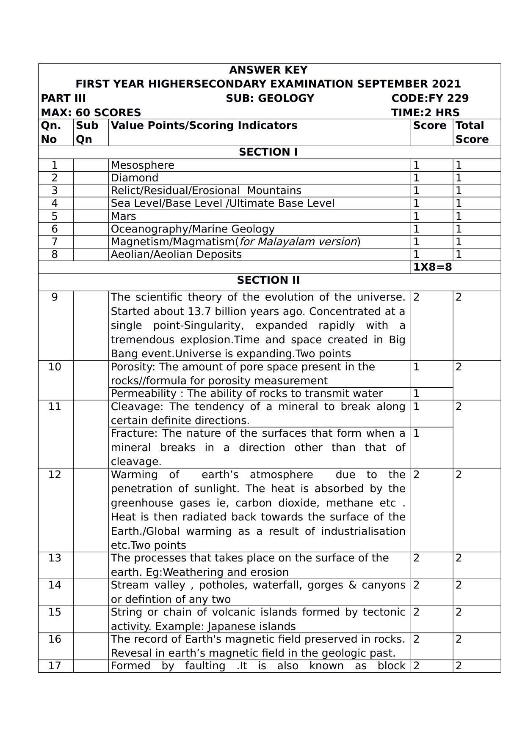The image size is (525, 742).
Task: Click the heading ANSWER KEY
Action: coord(268,70)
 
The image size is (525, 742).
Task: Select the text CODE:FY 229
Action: coord(430,99)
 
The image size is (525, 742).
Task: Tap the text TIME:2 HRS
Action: coord(425,113)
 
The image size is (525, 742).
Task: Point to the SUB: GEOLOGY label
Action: coord(270,99)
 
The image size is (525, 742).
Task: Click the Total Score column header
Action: coord(472,132)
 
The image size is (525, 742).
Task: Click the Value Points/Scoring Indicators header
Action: coord(204,126)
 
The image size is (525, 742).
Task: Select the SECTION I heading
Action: coord(268,152)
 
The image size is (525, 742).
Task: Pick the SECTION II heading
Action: coord(268,280)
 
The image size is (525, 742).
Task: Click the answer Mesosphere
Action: coord(142,165)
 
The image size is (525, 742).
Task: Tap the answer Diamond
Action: coord(135,178)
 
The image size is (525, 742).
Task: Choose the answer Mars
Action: coord(123,216)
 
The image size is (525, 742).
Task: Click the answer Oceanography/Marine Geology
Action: coord(193,229)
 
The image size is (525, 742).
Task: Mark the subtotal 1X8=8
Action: coord(432,267)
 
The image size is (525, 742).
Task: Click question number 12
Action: coord(55,475)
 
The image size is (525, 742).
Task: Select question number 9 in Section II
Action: coord(55,297)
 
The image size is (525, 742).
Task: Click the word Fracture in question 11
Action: coord(134,433)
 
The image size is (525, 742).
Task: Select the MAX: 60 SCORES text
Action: coord(91,113)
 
